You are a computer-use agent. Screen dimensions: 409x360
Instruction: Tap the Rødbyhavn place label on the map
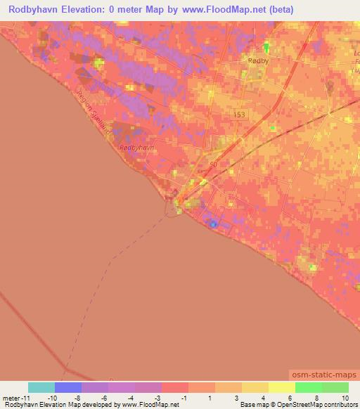click(136, 148)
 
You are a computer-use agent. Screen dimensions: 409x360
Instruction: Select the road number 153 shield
click(240, 113)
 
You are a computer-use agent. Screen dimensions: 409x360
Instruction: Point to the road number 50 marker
click(212, 164)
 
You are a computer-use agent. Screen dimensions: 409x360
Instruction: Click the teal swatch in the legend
click(41, 387)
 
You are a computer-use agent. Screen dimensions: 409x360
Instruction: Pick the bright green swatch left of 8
click(308, 387)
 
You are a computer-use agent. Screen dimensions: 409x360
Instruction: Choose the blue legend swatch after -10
click(67, 387)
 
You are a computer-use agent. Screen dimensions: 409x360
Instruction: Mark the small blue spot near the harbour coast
click(213, 224)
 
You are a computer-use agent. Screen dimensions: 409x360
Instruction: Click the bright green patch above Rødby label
click(266, 47)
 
